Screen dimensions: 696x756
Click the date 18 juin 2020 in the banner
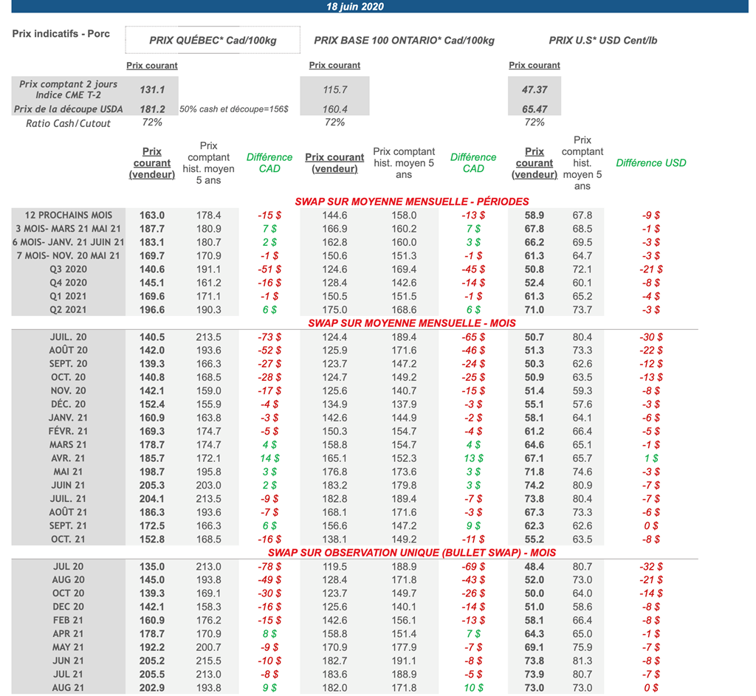point(355,7)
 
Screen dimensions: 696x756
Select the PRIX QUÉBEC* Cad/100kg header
point(213,41)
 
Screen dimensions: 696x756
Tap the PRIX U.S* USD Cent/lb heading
point(602,41)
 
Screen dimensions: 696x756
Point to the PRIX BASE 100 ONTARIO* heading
point(404,41)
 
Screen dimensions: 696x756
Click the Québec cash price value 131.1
point(152,89)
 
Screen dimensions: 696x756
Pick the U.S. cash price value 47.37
point(534,89)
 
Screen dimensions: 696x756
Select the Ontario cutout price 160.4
point(335,109)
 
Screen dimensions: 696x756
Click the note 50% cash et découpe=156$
point(234,109)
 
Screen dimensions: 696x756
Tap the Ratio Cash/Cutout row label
point(68,123)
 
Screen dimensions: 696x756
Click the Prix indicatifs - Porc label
point(61,34)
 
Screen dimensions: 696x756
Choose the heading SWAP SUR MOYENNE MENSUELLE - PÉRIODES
point(412,201)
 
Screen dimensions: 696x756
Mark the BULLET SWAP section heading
point(412,553)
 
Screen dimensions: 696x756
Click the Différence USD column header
point(650,163)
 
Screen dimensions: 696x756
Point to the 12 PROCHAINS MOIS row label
point(68,215)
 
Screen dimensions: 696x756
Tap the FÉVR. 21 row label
point(68,431)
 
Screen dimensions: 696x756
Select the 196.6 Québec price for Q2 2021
point(152,310)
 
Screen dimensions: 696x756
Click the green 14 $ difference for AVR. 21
point(269,458)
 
